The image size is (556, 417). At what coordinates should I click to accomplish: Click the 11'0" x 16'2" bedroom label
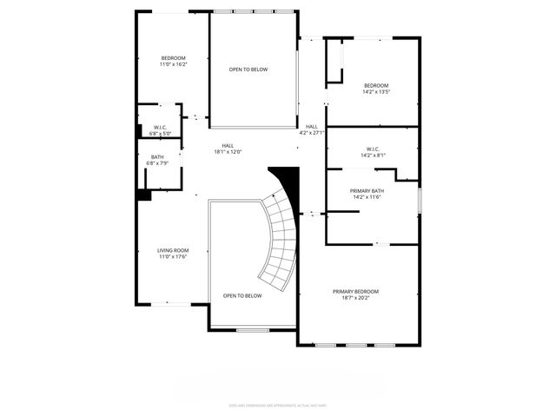click(173, 61)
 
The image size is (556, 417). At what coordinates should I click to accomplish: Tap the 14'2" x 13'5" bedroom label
click(375, 87)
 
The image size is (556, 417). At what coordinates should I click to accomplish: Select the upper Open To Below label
click(248, 69)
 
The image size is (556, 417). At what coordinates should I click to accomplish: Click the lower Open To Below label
click(242, 295)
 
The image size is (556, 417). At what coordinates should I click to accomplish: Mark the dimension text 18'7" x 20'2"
click(355, 298)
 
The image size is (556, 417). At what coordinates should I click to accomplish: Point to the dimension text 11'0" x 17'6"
click(173, 256)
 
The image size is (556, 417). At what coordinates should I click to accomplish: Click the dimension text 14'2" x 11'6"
click(367, 197)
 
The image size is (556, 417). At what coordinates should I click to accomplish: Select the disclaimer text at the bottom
click(277, 404)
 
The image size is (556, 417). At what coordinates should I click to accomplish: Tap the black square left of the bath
click(143, 195)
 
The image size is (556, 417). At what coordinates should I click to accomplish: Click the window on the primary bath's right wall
click(419, 200)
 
